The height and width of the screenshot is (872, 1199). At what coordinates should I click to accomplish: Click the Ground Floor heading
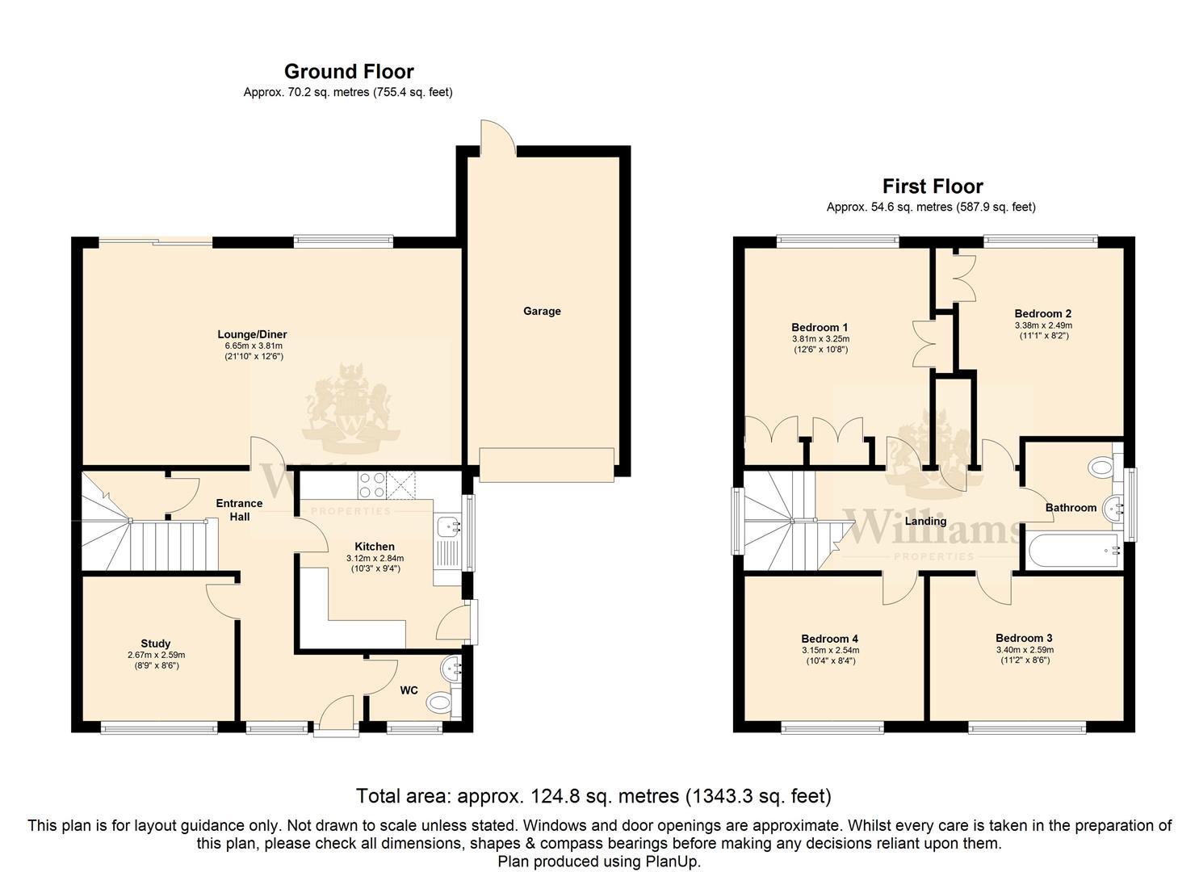[x=349, y=72]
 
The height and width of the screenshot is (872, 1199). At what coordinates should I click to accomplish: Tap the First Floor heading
[x=933, y=187]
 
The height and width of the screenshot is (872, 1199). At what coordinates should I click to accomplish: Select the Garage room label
[x=542, y=311]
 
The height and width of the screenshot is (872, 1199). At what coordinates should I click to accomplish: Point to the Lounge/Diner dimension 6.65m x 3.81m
[x=254, y=346]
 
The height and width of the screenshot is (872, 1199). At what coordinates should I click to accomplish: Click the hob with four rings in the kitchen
[x=371, y=485]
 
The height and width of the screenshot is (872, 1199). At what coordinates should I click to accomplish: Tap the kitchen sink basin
[x=448, y=526]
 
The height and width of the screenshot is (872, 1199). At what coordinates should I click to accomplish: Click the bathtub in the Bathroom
[x=1074, y=550]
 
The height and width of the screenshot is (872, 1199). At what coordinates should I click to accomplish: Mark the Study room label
[x=156, y=644]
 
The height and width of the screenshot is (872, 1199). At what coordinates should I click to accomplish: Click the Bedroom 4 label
[x=830, y=639]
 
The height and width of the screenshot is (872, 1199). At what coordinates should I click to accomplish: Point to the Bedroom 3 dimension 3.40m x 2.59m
[x=1025, y=650]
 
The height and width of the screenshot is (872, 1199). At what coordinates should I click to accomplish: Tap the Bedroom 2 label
[x=1042, y=314]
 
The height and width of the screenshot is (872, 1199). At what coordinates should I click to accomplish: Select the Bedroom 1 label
[x=820, y=327]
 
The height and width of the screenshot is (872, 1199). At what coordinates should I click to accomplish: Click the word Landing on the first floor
[x=925, y=521]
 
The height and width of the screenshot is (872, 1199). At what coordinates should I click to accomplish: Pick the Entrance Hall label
[x=239, y=509]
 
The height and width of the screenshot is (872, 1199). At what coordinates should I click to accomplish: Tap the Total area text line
[x=593, y=796]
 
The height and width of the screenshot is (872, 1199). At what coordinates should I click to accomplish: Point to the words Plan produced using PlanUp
[x=599, y=862]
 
